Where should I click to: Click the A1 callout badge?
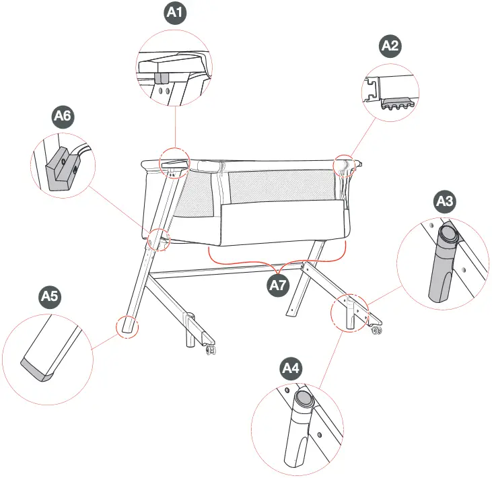click(177, 13)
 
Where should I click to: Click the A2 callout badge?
click(390, 46)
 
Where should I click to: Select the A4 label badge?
click(291, 368)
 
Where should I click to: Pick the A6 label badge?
click(63, 116)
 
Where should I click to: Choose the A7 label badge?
click(279, 285)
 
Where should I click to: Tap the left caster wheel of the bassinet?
click(211, 350)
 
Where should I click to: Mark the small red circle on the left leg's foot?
click(127, 326)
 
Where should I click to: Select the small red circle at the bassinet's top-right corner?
click(345, 163)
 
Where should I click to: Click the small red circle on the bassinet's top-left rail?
click(174, 162)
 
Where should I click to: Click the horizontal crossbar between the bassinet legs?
click(229, 271)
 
